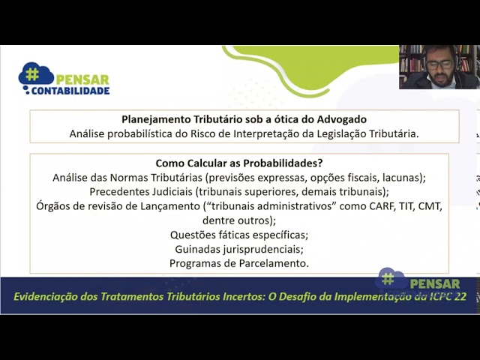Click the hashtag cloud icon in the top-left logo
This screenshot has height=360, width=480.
(x=36, y=73)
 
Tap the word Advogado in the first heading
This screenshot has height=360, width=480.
(x=342, y=119)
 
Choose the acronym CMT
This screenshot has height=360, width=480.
(x=430, y=206)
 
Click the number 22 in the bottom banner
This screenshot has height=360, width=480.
(x=460, y=297)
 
